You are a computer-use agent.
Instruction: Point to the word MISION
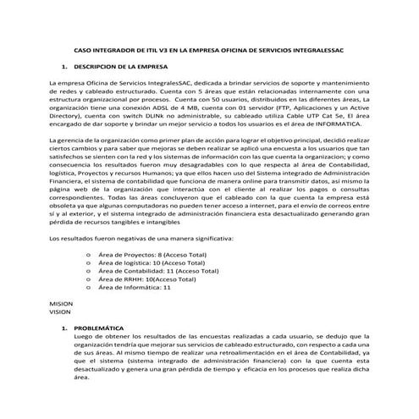(x=61, y=303)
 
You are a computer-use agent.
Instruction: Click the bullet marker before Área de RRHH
(x=88, y=279)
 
